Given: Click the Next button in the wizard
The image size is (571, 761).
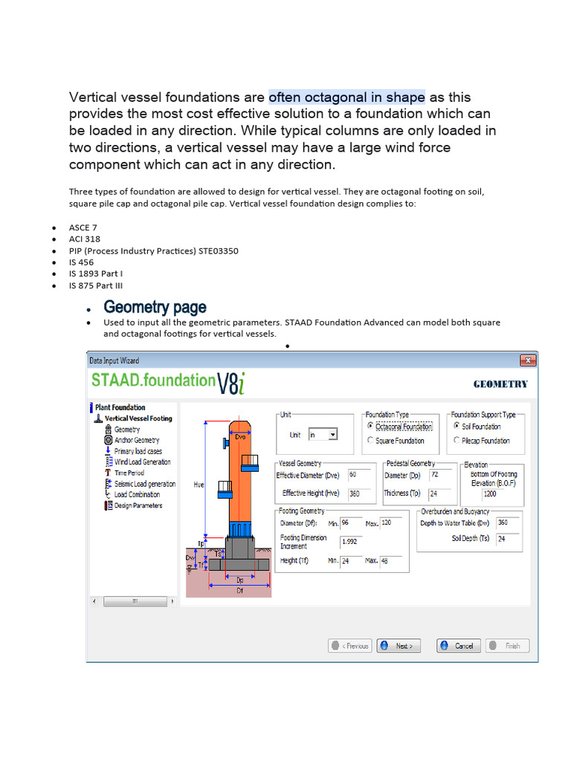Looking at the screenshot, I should click(x=399, y=646).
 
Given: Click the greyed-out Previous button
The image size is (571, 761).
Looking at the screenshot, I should click(x=350, y=646).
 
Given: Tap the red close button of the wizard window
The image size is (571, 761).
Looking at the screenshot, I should click(x=527, y=360).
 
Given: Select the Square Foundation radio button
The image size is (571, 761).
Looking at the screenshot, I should click(x=371, y=441).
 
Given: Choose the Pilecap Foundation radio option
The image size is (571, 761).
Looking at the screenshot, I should click(x=457, y=441).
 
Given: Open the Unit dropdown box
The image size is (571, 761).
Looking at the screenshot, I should click(x=323, y=435).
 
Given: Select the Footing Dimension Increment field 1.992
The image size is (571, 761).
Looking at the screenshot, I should click(x=352, y=542).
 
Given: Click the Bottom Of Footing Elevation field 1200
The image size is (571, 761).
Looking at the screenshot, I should click(x=500, y=493).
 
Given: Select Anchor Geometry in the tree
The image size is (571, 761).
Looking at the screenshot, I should click(x=136, y=440).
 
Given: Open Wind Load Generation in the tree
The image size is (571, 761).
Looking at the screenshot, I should click(x=142, y=462).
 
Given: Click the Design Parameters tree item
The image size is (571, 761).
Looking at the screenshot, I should click(x=138, y=505).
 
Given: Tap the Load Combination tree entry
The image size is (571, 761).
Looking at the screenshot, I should click(x=137, y=494).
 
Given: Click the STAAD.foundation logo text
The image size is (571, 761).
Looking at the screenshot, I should click(x=152, y=380).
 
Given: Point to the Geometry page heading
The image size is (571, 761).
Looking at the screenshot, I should click(x=155, y=307).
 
